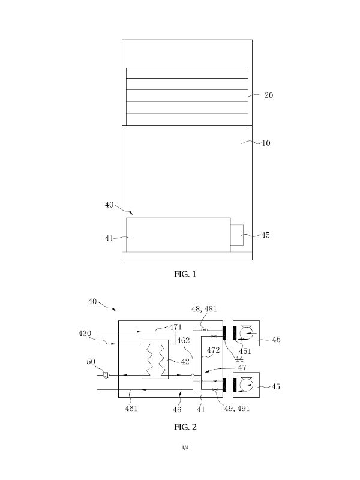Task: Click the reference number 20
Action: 268,95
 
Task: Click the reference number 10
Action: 266,143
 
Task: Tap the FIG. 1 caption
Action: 185,274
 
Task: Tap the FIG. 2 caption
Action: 185,427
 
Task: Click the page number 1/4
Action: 185,448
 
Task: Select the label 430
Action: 86,333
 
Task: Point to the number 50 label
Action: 91,362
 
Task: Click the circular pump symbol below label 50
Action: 105,376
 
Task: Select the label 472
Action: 213,350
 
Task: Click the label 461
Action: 131,408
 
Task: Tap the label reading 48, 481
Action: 204,309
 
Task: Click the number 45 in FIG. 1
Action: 265,235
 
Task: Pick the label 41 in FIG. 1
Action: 109,238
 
